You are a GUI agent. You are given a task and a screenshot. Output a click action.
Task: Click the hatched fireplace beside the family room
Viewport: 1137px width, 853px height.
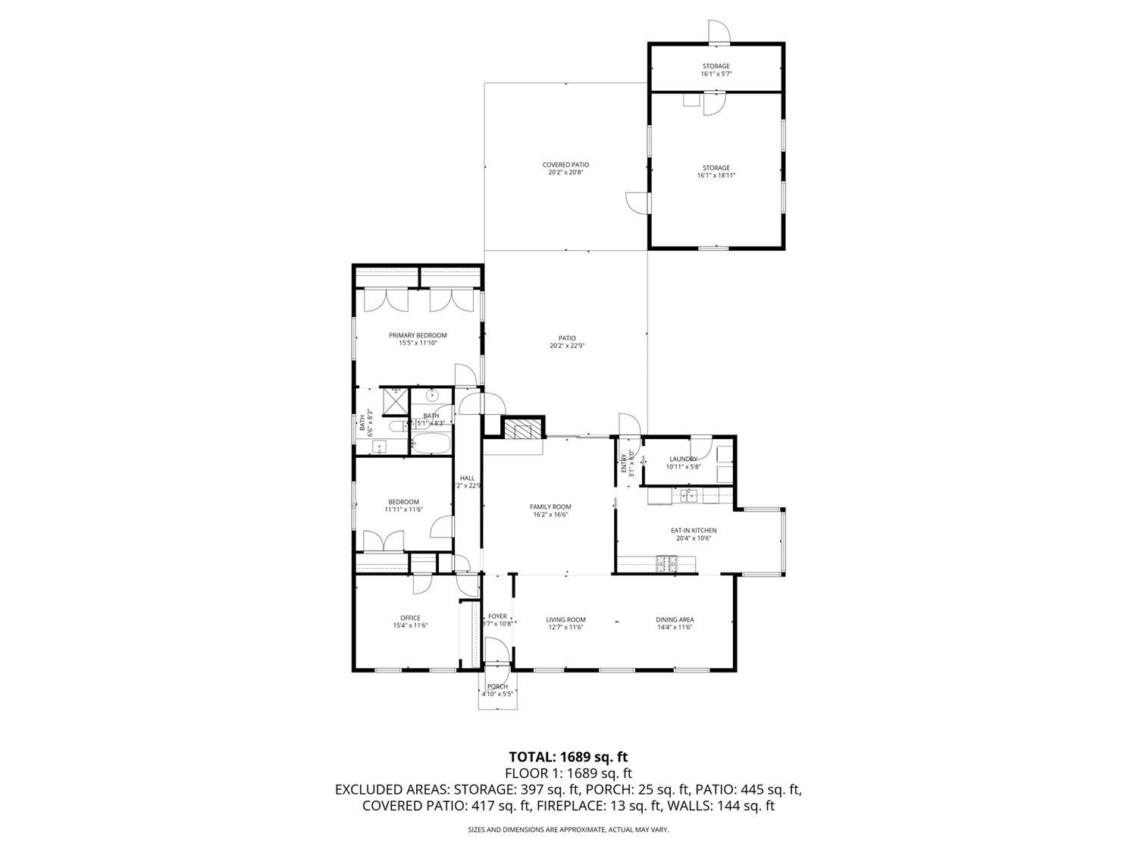coord(522,431)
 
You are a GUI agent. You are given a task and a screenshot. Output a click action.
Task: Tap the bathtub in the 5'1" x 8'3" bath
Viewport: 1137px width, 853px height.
coord(431,443)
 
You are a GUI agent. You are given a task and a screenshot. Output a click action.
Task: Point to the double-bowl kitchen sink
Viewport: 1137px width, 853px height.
coord(689,497)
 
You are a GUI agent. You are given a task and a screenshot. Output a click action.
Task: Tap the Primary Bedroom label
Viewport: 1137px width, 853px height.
coord(418,335)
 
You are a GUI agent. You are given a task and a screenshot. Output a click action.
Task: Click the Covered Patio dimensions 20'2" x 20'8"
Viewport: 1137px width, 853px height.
coord(565,173)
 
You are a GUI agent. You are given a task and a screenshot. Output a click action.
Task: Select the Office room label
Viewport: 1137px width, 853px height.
coord(410,618)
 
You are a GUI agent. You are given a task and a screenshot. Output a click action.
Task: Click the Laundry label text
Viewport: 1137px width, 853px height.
coord(683,459)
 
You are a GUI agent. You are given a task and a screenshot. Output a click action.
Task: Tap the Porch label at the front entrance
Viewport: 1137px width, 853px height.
coord(497,686)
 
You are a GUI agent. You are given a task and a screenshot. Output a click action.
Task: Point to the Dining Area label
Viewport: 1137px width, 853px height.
coord(675,619)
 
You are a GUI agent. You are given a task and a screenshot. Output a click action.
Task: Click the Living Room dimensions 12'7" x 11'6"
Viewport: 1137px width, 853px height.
coord(565,628)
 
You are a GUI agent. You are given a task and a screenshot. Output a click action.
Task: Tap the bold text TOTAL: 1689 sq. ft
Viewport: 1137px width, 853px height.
coord(568,757)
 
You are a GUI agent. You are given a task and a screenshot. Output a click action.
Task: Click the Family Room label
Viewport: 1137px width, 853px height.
coord(550,506)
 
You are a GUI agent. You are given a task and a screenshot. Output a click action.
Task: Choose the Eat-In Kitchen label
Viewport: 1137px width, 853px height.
coord(694,531)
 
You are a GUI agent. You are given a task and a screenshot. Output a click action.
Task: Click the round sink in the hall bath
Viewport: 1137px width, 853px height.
coord(433,395)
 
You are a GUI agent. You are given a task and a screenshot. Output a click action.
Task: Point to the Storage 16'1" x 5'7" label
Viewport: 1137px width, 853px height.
coord(716,66)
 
